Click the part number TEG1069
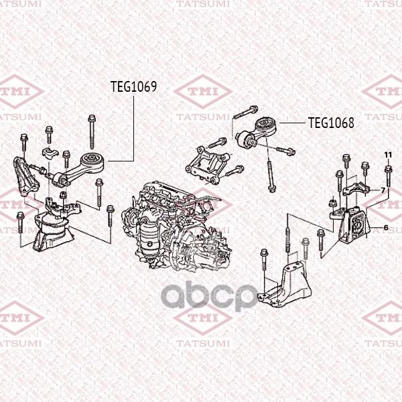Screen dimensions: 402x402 [x=133, y=86]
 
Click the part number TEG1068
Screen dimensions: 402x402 [x=331, y=123]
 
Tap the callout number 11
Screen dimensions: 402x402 [x=388, y=155]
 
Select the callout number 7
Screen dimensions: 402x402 [x=383, y=190]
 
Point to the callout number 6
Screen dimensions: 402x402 [x=386, y=227]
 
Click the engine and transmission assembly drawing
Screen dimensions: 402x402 [x=176, y=226]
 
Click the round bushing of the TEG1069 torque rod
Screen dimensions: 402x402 [x=92, y=161]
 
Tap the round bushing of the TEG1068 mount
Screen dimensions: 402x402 [x=267, y=127]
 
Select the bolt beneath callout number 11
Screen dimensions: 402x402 [x=388, y=176]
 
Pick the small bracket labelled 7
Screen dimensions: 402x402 [x=356, y=189]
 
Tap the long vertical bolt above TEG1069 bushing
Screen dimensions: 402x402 [x=92, y=131]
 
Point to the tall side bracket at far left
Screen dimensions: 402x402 [x=26, y=178]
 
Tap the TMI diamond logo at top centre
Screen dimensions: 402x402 [x=203, y=91]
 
